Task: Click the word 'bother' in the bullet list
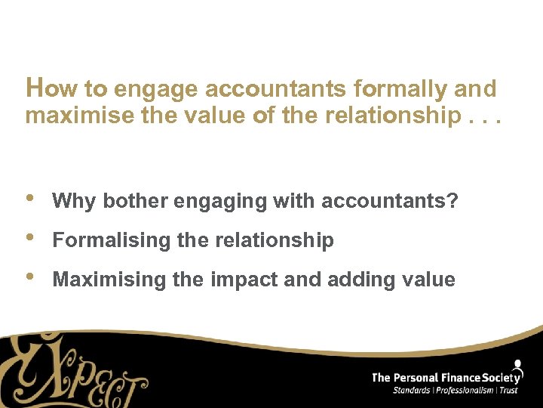pos(136,201)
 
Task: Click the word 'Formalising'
pos(112,240)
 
